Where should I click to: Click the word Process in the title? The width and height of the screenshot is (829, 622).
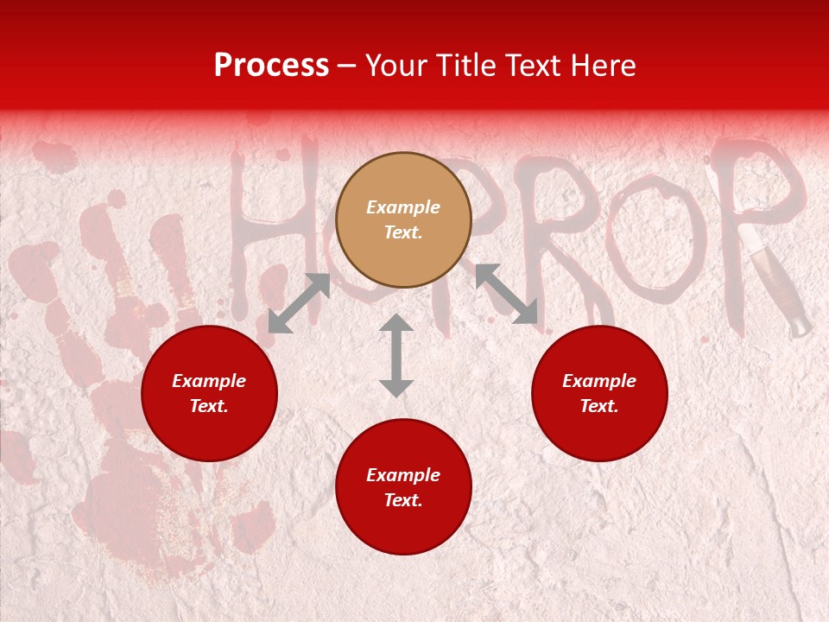click(x=271, y=66)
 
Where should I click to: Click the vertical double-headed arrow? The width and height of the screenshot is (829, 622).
click(x=396, y=355)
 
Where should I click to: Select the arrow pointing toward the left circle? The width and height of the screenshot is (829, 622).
click(x=299, y=303)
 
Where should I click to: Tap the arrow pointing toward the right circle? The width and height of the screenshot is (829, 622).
click(x=506, y=294)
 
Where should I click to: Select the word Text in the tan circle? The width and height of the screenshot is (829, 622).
click(x=403, y=232)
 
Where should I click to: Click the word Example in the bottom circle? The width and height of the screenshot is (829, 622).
click(x=403, y=475)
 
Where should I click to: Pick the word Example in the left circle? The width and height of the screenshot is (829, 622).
click(x=209, y=381)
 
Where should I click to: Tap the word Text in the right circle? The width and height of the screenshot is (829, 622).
click(x=599, y=406)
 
